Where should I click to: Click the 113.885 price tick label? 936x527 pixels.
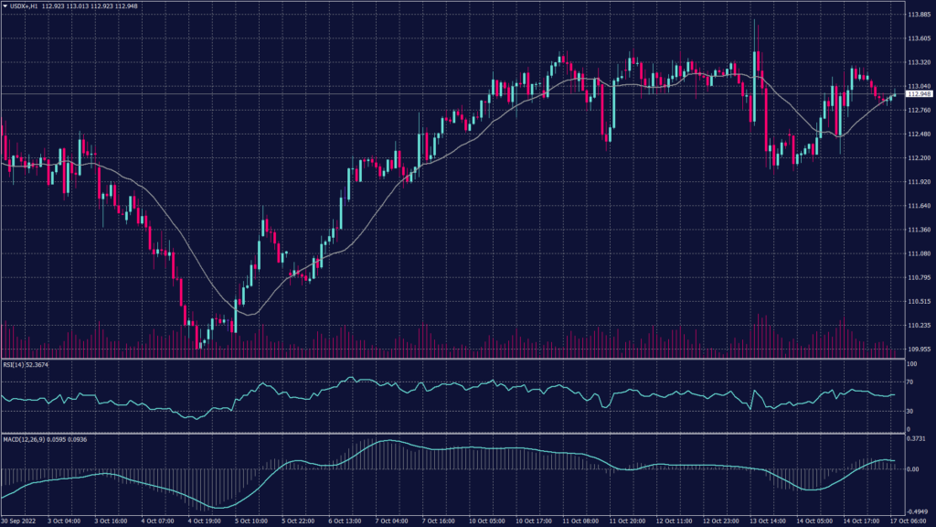point(919,16)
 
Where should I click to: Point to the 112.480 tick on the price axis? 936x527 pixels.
point(919,134)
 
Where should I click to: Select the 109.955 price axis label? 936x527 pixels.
point(919,349)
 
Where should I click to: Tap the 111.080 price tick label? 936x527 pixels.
point(919,253)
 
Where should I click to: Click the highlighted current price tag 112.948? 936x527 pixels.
point(919,94)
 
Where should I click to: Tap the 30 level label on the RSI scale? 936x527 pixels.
point(910,411)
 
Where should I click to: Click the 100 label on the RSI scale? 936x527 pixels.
point(911,365)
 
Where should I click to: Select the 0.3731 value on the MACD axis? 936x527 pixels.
point(917,439)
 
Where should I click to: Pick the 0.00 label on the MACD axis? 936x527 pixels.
point(912,469)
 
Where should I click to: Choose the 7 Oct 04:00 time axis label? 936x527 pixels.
point(392,522)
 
